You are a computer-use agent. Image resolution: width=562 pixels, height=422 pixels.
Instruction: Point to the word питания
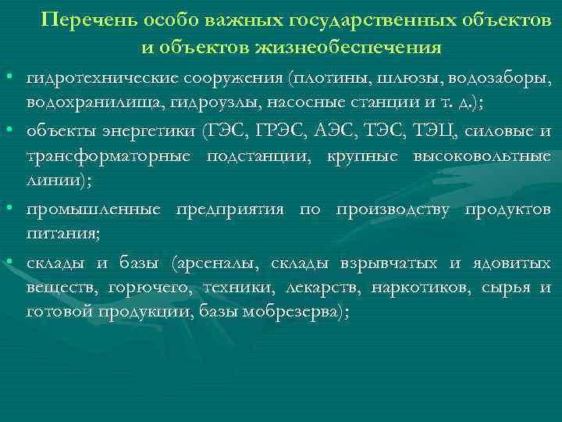coord(61,234)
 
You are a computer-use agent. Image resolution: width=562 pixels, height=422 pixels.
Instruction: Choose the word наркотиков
coord(418,288)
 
